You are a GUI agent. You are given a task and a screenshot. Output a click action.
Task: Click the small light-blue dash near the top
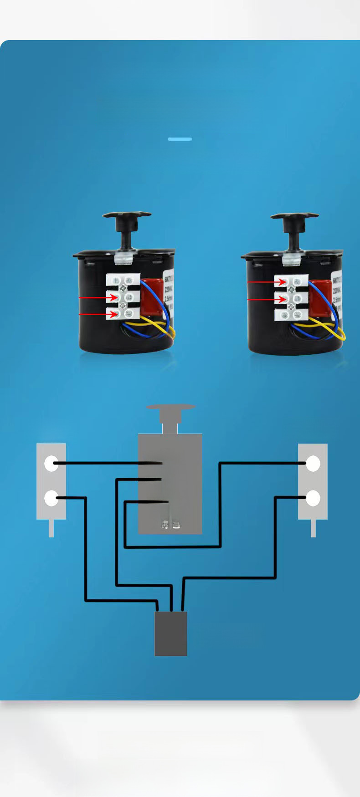[180, 139]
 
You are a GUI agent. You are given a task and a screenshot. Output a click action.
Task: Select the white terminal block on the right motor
[291, 298]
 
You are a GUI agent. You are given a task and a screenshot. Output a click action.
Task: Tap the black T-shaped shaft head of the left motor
[126, 216]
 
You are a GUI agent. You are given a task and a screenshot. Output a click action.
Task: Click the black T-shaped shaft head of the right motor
[294, 216]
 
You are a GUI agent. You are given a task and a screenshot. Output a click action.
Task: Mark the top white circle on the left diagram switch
[51, 464]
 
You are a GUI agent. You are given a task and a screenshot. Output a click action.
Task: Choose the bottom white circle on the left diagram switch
[51, 498]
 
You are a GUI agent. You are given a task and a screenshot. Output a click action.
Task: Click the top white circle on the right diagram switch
[313, 464]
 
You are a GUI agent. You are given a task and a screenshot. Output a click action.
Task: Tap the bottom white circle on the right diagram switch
[313, 498]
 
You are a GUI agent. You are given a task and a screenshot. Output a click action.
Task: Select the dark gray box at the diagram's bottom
[170, 634]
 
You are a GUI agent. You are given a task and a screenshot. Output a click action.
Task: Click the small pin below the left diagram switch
[51, 528]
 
